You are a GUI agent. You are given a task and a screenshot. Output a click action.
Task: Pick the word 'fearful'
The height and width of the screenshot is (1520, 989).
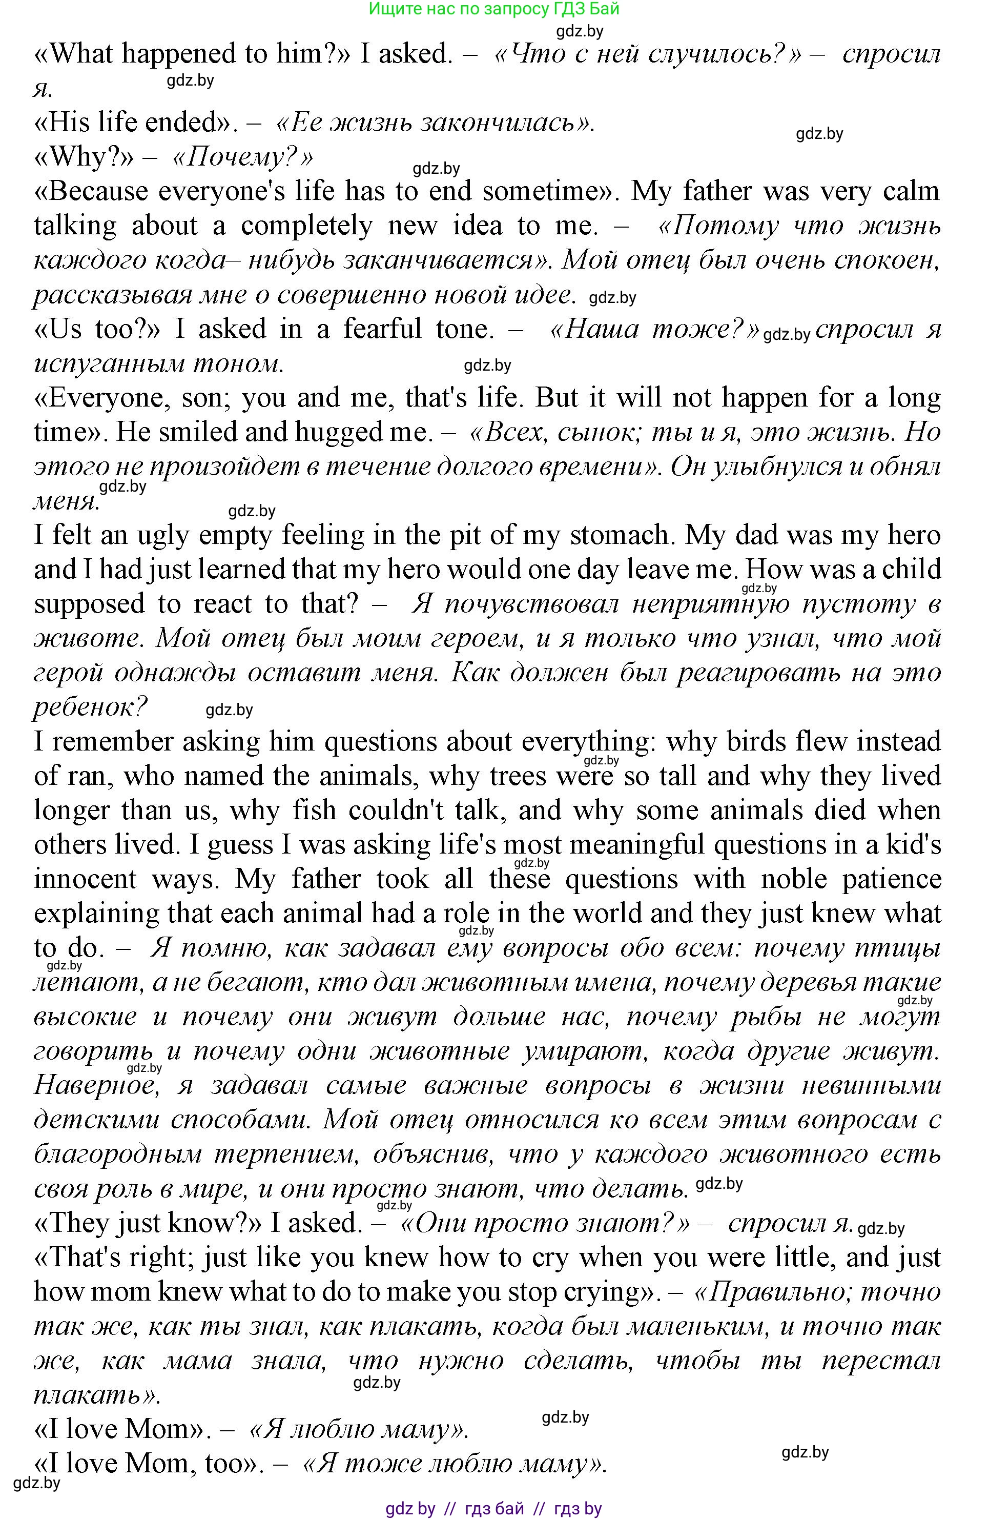382,329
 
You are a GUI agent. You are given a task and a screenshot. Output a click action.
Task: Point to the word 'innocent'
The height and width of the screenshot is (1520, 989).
85,879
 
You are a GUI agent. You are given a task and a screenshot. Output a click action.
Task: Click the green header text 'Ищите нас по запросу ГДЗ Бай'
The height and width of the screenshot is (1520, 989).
494,9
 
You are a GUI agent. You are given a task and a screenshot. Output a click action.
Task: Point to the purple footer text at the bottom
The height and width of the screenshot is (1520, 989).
493,1510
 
